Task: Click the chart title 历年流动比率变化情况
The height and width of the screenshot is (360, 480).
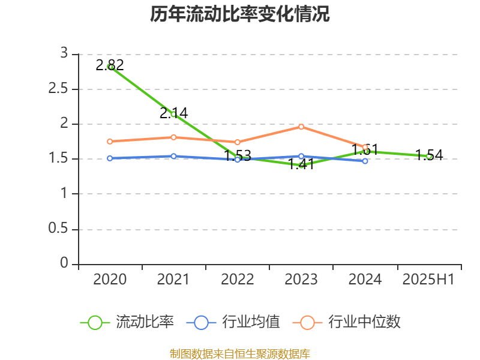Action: click(240, 14)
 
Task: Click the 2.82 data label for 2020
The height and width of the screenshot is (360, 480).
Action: click(110, 65)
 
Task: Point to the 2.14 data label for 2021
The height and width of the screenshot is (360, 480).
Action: click(174, 113)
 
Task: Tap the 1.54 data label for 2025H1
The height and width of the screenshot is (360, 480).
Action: click(429, 155)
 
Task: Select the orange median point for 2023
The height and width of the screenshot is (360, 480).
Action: click(301, 127)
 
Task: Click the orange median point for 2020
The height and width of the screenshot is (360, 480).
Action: click(110, 142)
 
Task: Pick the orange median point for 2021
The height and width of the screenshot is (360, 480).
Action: click(173, 137)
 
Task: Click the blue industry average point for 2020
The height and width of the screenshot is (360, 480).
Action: click(110, 158)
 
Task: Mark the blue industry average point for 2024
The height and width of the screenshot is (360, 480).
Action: click(365, 161)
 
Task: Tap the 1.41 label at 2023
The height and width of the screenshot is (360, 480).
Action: click(301, 164)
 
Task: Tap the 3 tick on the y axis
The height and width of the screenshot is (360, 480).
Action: click(64, 54)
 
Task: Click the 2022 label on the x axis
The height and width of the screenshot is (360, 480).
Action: click(238, 280)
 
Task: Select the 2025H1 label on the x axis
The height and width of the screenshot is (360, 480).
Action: click(429, 280)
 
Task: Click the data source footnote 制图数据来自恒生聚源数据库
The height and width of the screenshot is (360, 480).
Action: click(240, 353)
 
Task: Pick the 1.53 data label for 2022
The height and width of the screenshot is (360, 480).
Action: click(238, 157)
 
